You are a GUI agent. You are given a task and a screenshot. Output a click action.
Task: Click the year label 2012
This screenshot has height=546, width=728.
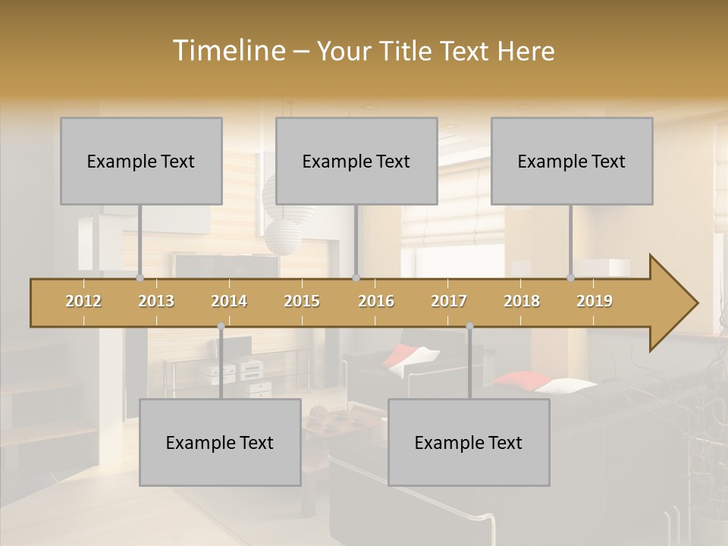[x=83, y=301]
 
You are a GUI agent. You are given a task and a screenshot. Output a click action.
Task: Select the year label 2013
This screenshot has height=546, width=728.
[x=156, y=301]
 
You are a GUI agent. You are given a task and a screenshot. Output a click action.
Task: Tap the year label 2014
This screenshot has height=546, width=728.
[x=229, y=301]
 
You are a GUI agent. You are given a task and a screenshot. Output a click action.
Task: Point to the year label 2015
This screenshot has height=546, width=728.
[x=302, y=301]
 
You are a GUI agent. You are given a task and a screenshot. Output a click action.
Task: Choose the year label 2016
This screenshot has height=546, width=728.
[x=376, y=301]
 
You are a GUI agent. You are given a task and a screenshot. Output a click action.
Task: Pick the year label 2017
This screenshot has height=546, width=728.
[x=449, y=301]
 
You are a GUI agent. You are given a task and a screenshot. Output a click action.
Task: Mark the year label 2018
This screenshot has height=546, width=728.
[x=522, y=301]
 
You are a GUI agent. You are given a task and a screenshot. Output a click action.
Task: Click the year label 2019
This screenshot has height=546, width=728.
[x=595, y=301]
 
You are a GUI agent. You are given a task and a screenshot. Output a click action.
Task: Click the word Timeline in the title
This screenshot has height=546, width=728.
[x=227, y=51]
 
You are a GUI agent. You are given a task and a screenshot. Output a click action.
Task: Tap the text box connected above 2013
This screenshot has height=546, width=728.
[x=141, y=161]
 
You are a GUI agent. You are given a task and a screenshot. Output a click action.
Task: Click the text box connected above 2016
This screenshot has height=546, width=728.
[x=356, y=161]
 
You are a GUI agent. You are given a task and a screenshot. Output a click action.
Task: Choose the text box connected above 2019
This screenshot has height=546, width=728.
[x=572, y=161]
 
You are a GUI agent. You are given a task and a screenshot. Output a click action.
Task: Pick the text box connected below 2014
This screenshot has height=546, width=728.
[x=220, y=442]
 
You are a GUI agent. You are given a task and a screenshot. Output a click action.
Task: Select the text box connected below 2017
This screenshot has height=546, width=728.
[x=469, y=442]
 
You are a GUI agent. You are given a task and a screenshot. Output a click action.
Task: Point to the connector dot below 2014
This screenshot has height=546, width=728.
[x=221, y=326]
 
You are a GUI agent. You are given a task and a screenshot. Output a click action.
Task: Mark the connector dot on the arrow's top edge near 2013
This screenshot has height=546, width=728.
[x=140, y=278]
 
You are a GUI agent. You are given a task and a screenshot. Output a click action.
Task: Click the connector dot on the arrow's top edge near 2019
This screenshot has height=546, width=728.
[x=570, y=278]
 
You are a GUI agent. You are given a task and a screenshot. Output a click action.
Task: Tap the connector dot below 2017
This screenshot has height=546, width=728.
[x=469, y=326]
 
